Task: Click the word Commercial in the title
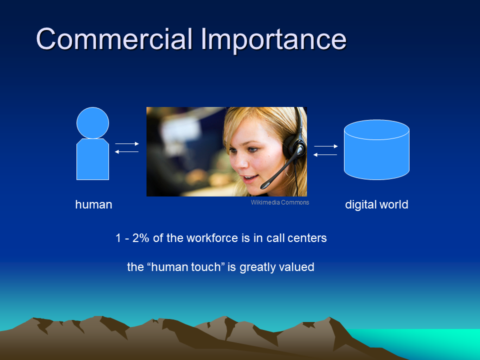114,39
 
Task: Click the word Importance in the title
273,40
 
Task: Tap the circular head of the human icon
93,123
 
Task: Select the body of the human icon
93,159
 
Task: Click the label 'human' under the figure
93,204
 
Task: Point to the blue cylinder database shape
376,149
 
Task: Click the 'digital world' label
376,204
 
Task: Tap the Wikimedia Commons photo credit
280,202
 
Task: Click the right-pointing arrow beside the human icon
127,143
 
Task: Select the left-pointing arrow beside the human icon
126,152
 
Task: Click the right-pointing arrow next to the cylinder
326,146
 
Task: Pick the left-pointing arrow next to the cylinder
325,154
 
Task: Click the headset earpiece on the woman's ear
293,146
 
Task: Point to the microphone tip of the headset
265,185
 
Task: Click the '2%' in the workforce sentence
140,238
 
